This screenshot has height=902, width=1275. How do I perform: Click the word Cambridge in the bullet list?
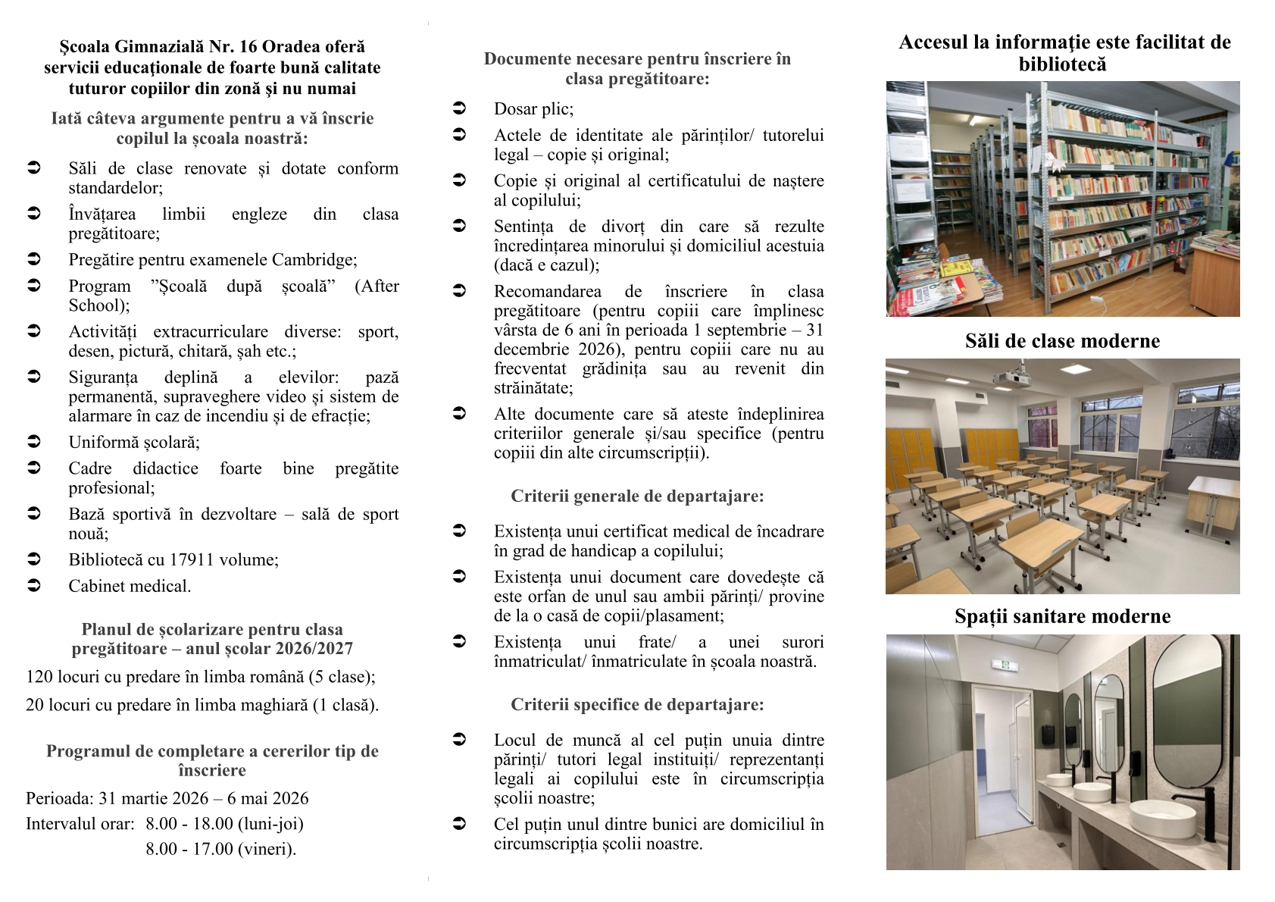(312, 260)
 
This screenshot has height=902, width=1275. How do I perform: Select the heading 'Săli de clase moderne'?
(1062, 341)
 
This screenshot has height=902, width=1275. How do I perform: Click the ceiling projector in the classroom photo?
(1014, 377)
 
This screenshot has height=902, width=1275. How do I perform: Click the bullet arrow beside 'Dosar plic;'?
(459, 108)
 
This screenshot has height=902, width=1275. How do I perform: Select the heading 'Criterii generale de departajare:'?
(637, 496)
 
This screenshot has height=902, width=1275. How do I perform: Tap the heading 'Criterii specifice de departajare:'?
(637, 705)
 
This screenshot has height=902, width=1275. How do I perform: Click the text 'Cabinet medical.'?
(130, 587)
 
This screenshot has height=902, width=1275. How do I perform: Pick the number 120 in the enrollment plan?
(39, 677)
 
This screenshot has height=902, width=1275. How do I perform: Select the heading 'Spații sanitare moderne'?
(1062, 616)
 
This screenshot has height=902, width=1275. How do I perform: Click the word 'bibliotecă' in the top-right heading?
(1062, 64)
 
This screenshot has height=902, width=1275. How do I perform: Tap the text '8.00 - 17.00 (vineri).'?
(220, 849)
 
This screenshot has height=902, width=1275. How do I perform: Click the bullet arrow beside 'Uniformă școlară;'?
(34, 441)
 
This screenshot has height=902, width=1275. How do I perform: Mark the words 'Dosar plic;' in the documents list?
(533, 109)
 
